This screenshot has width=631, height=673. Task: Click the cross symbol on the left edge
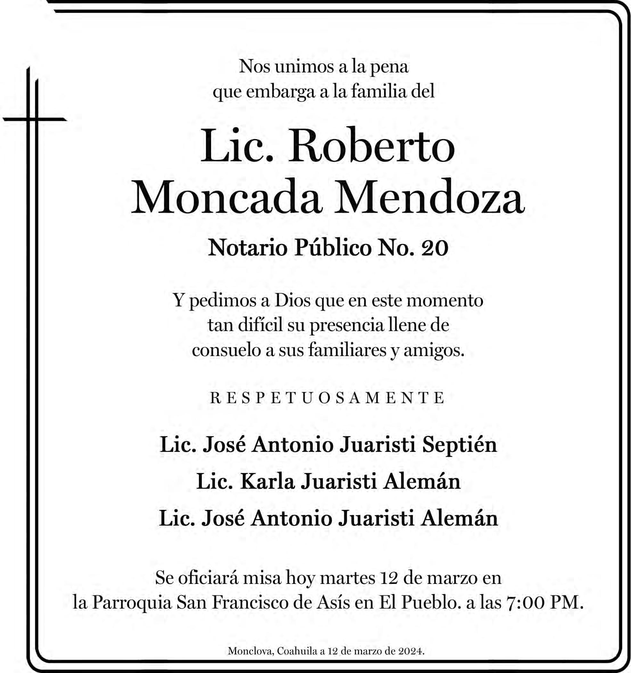click(34, 119)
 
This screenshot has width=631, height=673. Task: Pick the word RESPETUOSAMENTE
click(327, 398)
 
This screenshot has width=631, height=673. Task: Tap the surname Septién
click(459, 445)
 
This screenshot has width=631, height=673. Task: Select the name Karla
click(267, 481)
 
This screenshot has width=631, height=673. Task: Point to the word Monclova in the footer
click(250, 651)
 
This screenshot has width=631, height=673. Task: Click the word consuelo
click(226, 350)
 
